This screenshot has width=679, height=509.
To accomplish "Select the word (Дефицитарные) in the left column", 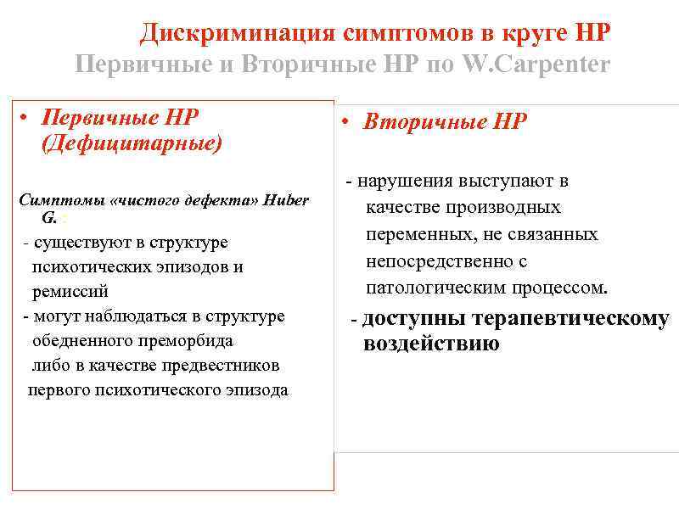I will (x=132, y=143).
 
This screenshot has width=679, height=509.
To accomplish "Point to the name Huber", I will (x=286, y=200).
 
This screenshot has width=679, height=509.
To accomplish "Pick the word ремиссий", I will (x=70, y=291).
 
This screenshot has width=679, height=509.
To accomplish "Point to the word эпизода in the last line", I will (x=256, y=390).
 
